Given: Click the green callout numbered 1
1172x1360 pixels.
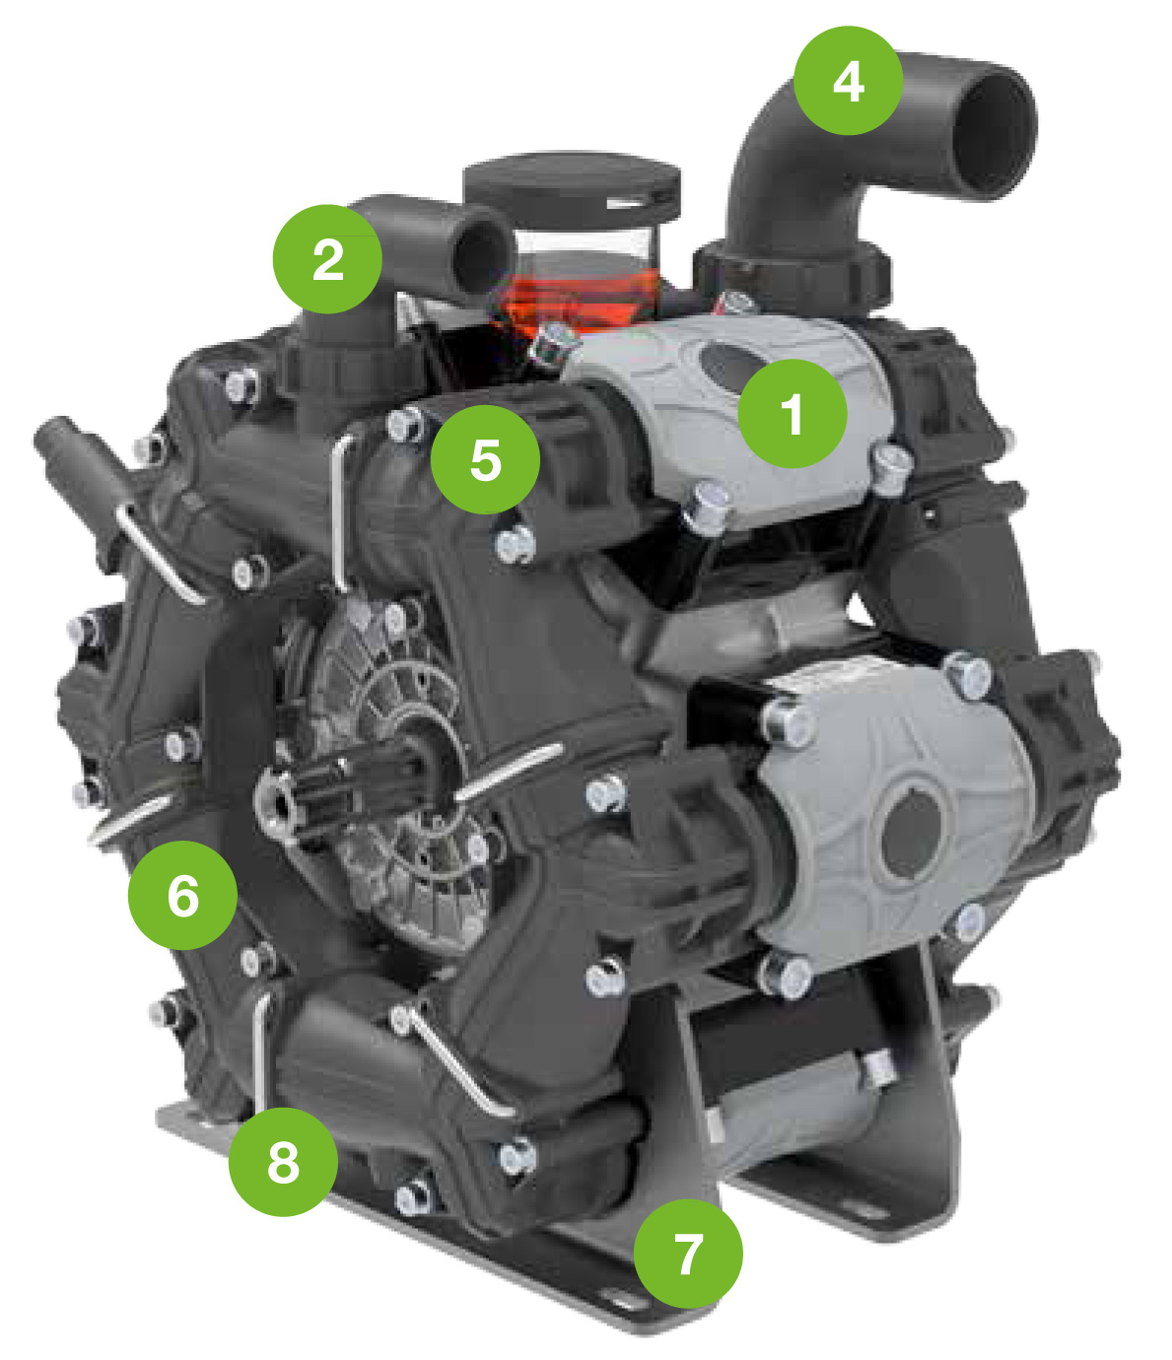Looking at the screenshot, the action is click(793, 413).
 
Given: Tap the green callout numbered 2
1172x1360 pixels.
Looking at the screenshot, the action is click(327, 259).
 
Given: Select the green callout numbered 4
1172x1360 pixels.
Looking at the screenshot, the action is click(849, 81).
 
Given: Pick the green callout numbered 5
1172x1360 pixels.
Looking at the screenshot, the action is click(486, 459).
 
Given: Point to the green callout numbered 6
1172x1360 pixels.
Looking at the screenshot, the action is click(182, 895).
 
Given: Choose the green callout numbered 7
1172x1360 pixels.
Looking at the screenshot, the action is click(688, 1254).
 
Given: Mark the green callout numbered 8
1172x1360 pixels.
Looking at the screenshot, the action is click(283, 1162).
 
